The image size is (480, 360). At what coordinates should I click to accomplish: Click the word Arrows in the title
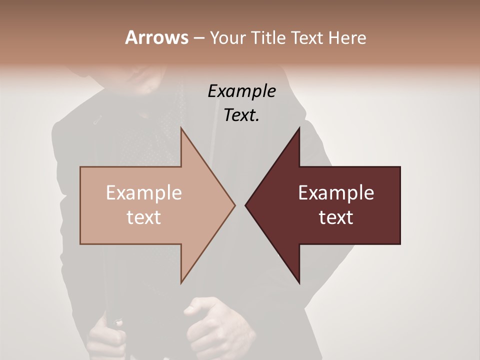click(156, 37)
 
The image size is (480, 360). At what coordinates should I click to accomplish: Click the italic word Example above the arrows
click(241, 91)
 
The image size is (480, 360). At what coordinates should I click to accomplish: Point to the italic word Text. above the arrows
click(241, 115)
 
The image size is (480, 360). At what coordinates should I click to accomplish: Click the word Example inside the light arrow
click(144, 193)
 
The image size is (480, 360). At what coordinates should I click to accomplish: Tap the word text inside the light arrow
click(144, 217)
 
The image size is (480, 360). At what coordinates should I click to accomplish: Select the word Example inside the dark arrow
click(336, 193)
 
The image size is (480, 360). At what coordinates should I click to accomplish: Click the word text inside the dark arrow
click(336, 217)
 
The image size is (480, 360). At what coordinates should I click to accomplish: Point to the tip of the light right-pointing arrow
click(234, 205)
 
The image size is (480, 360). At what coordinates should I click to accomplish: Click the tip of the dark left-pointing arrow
click(246, 205)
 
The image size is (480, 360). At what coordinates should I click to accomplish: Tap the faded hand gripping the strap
click(106, 337)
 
